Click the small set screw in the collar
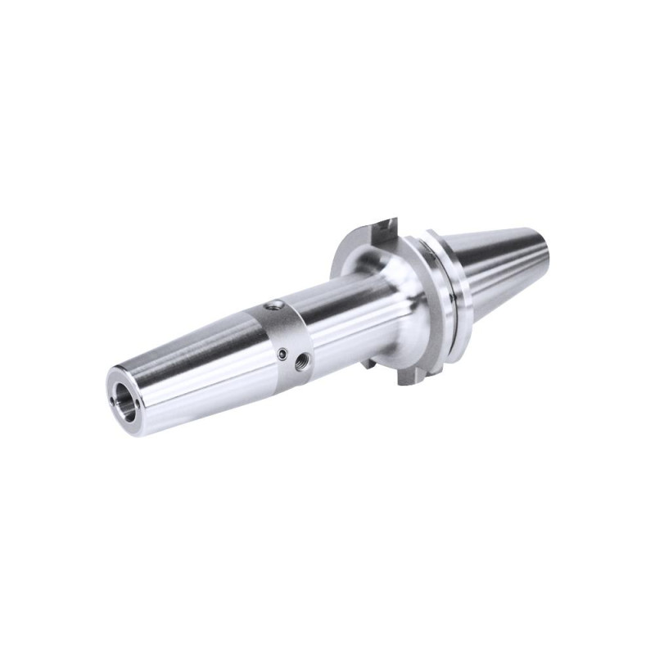point(282,354)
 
